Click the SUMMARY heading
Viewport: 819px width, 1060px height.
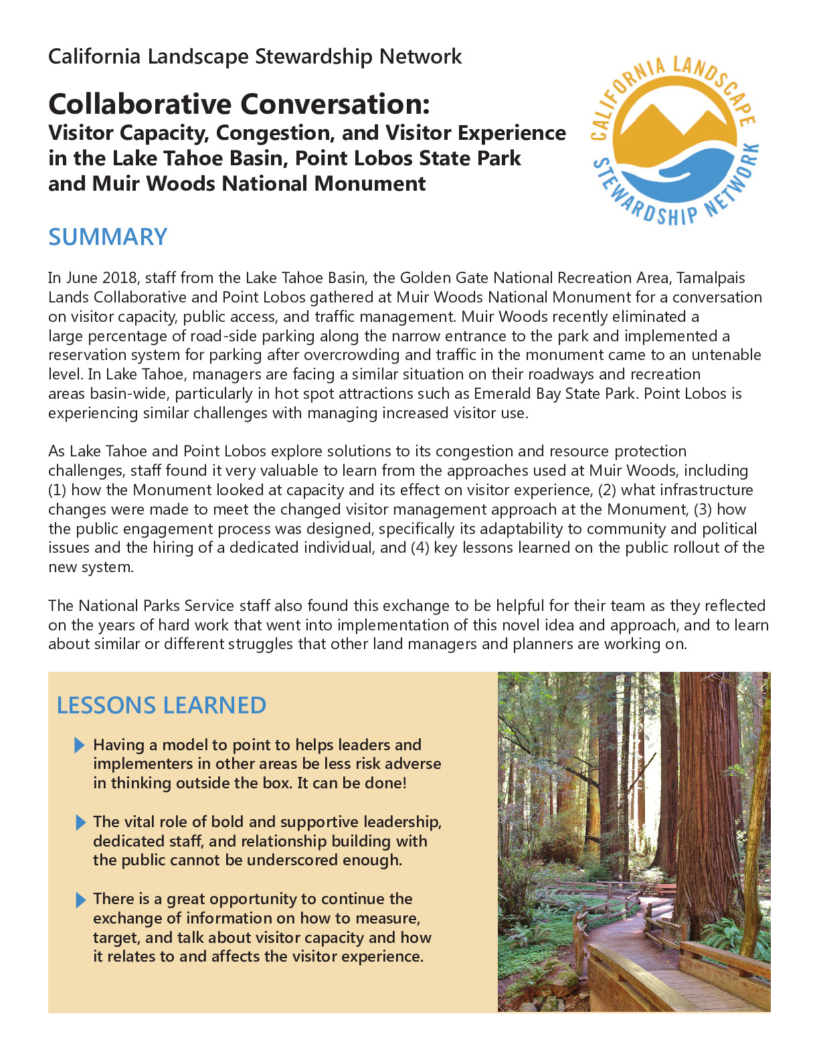(108, 237)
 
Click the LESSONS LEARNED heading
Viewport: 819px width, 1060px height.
(161, 705)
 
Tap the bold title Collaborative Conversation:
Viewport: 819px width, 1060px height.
(239, 104)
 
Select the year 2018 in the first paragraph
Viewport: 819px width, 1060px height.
(121, 278)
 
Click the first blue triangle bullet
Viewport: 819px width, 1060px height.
(80, 745)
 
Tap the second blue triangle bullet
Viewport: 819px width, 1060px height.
(80, 822)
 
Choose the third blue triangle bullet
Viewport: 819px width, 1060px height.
(80, 899)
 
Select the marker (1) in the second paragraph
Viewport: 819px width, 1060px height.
(58, 490)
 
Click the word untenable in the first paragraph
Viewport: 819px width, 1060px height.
(726, 355)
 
